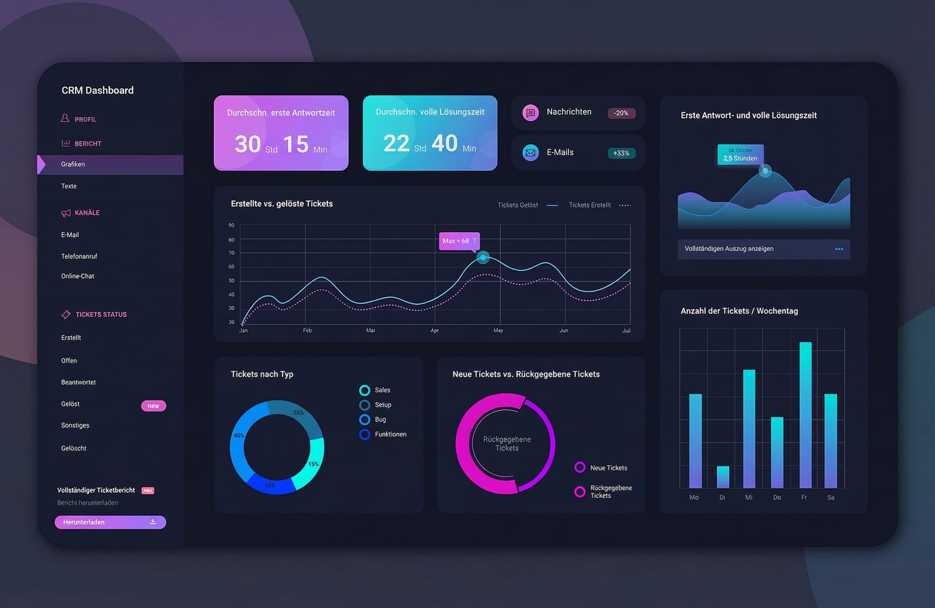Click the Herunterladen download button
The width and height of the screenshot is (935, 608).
(x=110, y=522)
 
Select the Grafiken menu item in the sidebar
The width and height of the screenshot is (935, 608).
(x=73, y=164)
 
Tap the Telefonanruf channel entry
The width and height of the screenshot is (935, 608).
(x=79, y=256)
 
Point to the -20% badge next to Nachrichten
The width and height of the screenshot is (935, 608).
(x=621, y=113)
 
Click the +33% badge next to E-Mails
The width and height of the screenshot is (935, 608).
(x=621, y=153)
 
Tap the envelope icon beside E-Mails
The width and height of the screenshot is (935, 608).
(x=530, y=152)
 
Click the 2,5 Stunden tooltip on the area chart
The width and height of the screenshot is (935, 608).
(x=740, y=155)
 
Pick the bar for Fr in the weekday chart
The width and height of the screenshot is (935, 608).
(x=805, y=415)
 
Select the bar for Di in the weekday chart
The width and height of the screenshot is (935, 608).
(x=723, y=477)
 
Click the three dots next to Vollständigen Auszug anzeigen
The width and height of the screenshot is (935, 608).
(x=839, y=249)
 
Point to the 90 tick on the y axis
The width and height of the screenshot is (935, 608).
(x=232, y=225)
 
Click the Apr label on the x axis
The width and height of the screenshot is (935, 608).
(x=435, y=331)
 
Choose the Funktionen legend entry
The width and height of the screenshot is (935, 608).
(x=390, y=434)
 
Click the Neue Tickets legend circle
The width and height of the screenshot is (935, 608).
(x=580, y=467)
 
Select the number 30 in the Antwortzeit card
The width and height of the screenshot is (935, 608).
(x=248, y=144)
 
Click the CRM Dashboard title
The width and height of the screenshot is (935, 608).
(x=98, y=90)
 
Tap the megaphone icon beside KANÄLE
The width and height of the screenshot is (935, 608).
(x=66, y=213)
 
